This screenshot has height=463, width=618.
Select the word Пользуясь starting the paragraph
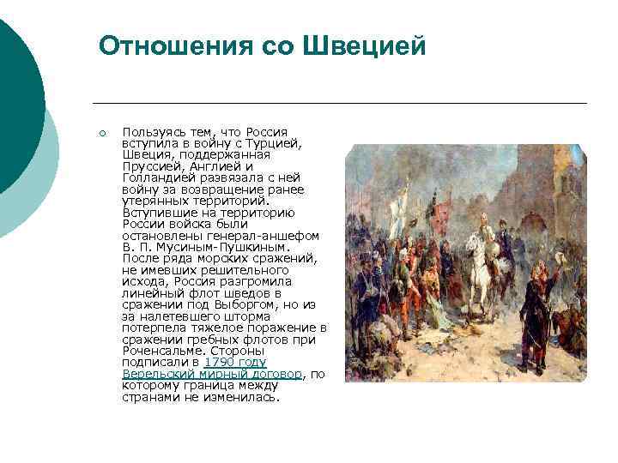[152, 132]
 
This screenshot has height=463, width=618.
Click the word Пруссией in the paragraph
[151, 166]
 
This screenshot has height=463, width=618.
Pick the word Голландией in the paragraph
[157, 177]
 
